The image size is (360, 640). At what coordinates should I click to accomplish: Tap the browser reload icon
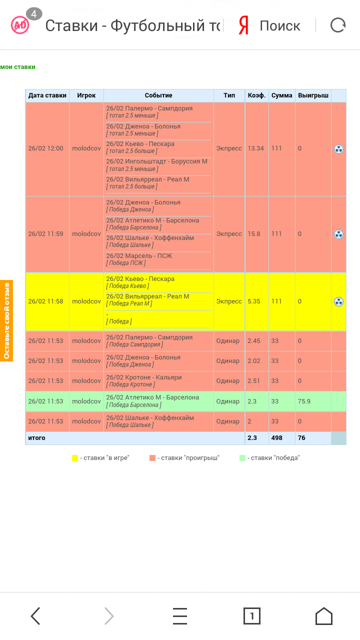(x=338, y=25)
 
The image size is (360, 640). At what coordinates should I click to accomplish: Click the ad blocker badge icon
(x=20, y=25)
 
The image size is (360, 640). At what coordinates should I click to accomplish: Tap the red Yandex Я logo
(x=243, y=25)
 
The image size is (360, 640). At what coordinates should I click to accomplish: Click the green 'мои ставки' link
(x=17, y=67)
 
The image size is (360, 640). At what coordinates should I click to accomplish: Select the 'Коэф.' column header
(x=256, y=95)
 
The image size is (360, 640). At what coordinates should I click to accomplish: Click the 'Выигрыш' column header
(x=313, y=95)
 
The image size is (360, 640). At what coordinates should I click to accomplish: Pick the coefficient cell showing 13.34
(x=256, y=148)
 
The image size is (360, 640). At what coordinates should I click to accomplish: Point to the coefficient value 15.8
(x=254, y=234)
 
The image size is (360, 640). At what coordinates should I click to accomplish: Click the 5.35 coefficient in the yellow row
(x=254, y=301)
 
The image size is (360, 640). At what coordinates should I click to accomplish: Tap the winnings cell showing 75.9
(x=304, y=401)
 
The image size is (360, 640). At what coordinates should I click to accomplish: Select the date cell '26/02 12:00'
(x=45, y=148)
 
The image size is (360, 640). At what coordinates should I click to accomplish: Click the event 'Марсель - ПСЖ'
(x=139, y=256)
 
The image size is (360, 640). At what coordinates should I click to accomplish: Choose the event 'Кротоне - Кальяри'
(x=144, y=377)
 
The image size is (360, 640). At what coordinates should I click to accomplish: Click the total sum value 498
(x=277, y=438)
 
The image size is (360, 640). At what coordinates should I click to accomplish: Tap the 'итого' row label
(x=36, y=438)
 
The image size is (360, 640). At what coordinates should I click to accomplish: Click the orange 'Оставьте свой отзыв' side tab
(x=6, y=320)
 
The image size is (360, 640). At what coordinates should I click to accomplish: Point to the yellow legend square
(x=75, y=458)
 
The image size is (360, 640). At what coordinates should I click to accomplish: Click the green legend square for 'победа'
(x=242, y=458)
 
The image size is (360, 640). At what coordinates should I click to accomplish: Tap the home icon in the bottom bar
(x=323, y=616)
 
